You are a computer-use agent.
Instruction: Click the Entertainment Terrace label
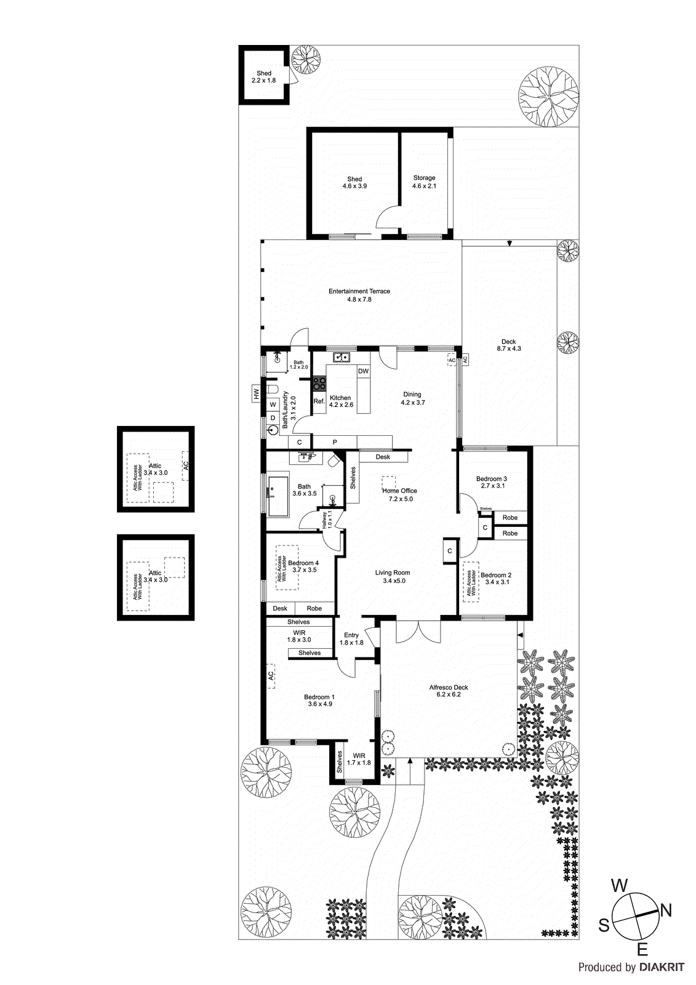click(x=359, y=295)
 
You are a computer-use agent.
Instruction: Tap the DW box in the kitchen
click(x=363, y=371)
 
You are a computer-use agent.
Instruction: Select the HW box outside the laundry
click(x=256, y=394)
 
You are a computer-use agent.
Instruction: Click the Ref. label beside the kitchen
click(x=319, y=401)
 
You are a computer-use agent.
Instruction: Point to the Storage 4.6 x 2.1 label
click(x=424, y=182)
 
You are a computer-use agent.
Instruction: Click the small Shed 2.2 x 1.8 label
click(x=263, y=76)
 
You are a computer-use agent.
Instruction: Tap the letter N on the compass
click(x=666, y=911)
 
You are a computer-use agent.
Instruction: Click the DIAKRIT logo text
click(x=662, y=967)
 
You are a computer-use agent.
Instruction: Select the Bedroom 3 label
click(x=491, y=482)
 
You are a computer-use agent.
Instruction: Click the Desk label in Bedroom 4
click(x=280, y=608)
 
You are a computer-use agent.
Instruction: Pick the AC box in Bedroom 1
click(x=271, y=675)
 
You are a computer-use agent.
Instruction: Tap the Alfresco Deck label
click(x=449, y=691)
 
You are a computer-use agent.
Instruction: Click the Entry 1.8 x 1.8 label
click(x=351, y=638)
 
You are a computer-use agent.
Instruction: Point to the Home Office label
click(x=400, y=494)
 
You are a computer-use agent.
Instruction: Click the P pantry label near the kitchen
click(x=335, y=442)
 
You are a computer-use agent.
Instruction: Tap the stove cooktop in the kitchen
click(x=319, y=384)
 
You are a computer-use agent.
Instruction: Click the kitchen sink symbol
click(x=341, y=357)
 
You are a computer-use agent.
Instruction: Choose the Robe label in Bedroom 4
click(x=314, y=608)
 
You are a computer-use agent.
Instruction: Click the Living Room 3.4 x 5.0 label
click(x=393, y=576)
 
